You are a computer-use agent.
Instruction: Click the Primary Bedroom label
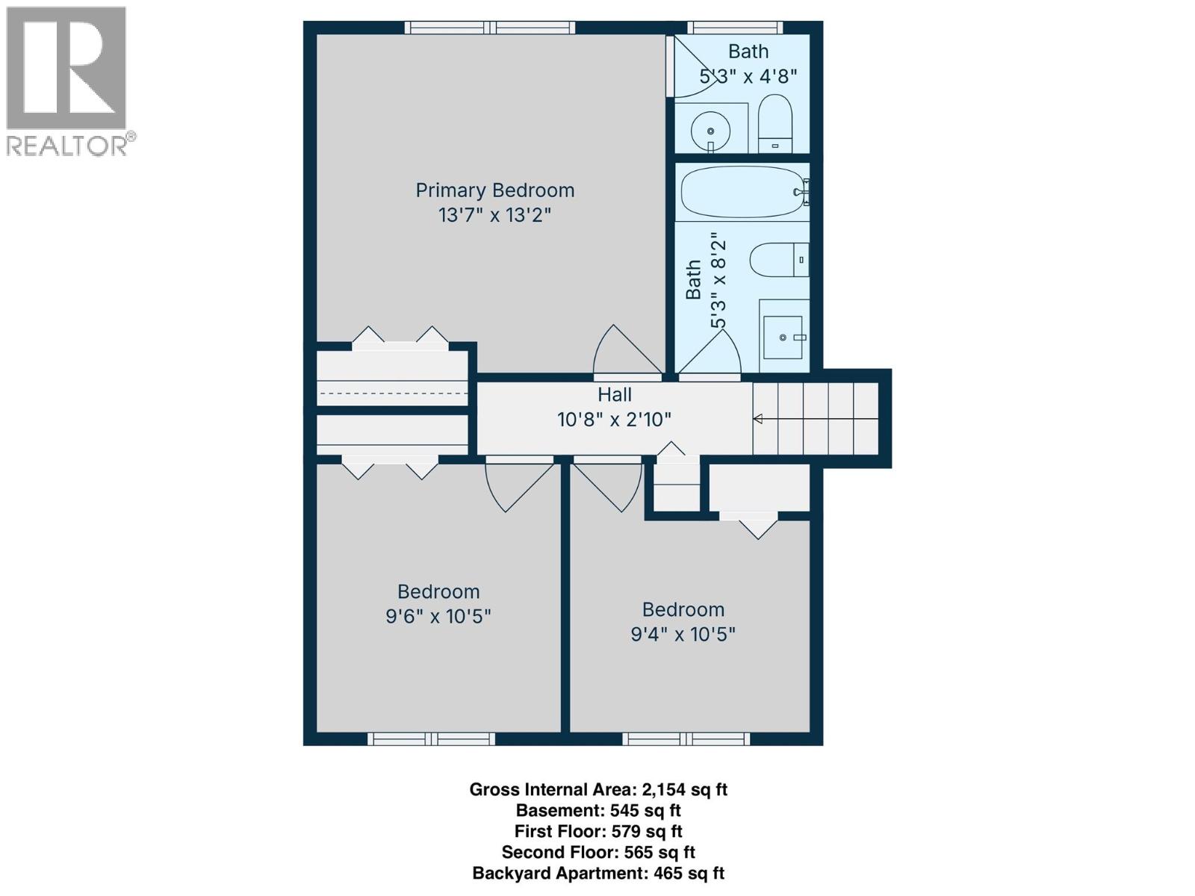(x=494, y=190)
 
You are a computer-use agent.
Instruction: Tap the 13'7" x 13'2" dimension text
(x=494, y=215)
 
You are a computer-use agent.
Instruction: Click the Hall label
(x=614, y=395)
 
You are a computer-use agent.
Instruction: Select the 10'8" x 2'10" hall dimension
(x=614, y=420)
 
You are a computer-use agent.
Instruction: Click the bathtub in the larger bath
(x=742, y=192)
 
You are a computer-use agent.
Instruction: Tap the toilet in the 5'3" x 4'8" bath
(x=775, y=124)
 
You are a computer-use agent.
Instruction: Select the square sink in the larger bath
(x=783, y=337)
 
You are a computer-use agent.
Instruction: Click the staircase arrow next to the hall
(x=758, y=419)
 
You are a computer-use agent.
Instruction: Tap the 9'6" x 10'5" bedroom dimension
(x=438, y=617)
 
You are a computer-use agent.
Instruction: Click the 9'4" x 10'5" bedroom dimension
(x=683, y=635)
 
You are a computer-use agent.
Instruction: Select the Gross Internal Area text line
(x=597, y=789)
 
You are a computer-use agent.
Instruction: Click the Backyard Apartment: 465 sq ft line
(x=597, y=873)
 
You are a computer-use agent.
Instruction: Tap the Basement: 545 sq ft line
(x=597, y=810)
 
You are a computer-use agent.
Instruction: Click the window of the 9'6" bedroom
(x=431, y=739)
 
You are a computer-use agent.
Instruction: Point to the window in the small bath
(x=736, y=28)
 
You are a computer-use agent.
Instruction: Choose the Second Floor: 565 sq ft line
(x=597, y=852)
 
